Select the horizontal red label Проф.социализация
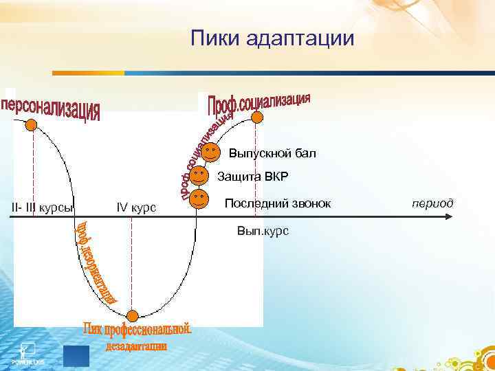(259, 104)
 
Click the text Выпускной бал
(272, 153)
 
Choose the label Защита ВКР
(252, 177)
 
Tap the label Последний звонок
(278, 204)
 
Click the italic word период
(432, 203)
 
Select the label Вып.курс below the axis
(263, 230)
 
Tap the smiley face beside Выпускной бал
(212, 150)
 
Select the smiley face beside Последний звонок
(199, 200)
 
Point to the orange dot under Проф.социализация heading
(256, 117)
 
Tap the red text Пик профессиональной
(137, 330)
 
